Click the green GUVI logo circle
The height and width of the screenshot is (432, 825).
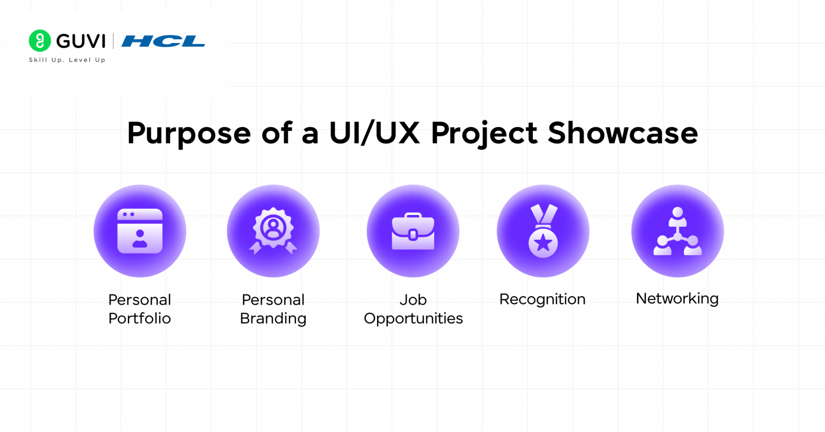40,41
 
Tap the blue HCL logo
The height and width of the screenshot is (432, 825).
163,41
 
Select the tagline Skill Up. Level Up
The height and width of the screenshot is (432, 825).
67,60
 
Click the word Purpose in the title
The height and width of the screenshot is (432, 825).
189,133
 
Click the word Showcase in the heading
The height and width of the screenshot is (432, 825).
623,133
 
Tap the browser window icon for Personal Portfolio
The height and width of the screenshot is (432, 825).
140,231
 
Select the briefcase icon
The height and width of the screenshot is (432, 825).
413,232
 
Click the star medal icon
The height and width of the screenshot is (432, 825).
543,231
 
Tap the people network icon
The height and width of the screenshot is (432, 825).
677,232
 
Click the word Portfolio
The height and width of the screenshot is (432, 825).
140,319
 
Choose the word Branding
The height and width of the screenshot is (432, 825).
273,319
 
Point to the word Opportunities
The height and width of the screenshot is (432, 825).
413,319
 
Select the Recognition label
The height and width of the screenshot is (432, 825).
542,299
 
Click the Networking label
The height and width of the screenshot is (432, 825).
677,299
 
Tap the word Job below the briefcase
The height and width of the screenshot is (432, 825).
413,300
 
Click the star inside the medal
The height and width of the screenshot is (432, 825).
543,243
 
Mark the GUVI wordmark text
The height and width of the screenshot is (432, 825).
81,41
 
